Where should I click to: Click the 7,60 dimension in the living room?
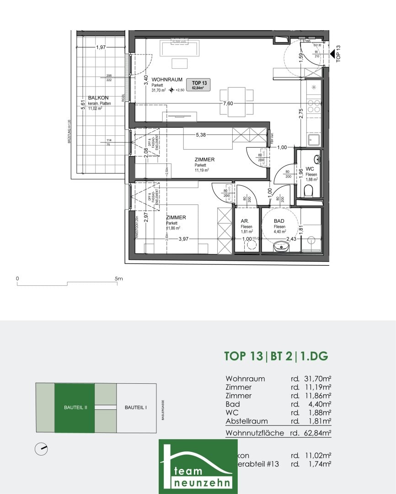pos(228,103)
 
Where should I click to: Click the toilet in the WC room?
pos(310,190)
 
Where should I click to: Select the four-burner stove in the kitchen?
pos(314,106)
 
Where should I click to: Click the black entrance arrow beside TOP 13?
pos(333,54)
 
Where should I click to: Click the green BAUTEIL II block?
pos(75,408)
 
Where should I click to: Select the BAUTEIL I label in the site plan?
pos(136,408)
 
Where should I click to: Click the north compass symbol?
pos(42,449)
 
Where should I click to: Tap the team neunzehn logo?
pos(198,467)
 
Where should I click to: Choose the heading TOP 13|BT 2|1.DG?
pos(276,356)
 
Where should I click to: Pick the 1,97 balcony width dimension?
pos(101,47)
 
